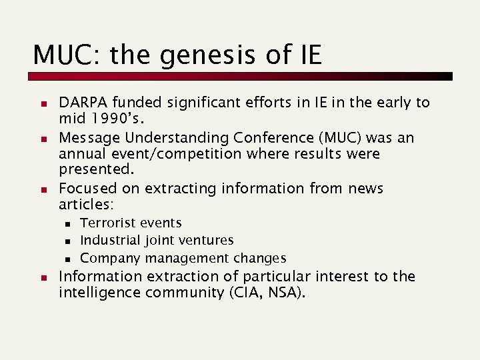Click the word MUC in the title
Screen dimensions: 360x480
pyautogui.click(x=62, y=55)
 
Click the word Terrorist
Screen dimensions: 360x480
pyautogui.click(x=107, y=223)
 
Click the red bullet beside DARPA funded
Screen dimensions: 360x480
pyautogui.click(x=42, y=104)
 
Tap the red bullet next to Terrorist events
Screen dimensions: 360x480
pyautogui.click(x=68, y=223)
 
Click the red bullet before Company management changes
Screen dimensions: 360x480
pyautogui.click(x=68, y=259)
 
